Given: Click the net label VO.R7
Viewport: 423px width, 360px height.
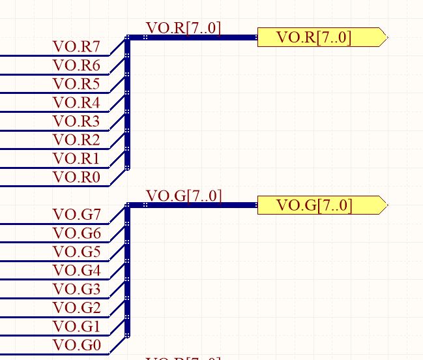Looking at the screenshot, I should [x=76, y=47].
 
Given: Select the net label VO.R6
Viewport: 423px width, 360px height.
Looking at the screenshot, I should [x=76, y=65].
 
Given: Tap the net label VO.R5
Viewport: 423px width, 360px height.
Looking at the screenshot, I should [x=76, y=84].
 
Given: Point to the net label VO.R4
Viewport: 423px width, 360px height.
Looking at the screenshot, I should [x=76, y=103].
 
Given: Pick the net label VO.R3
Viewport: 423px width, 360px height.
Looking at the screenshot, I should [x=76, y=121].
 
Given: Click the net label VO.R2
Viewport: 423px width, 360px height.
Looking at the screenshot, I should [x=76, y=140].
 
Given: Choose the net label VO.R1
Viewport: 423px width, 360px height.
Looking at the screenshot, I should [x=76, y=158].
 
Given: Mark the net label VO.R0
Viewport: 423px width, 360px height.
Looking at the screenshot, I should [x=76, y=177].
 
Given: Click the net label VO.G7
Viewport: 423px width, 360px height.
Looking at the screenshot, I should [x=77, y=215].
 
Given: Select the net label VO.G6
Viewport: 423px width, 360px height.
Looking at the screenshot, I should [x=77, y=233].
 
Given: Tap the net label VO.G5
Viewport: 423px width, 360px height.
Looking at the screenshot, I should [x=77, y=252].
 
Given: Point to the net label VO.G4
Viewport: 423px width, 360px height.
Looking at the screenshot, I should [x=77, y=271].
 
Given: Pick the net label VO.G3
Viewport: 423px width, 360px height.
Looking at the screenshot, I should [x=77, y=289].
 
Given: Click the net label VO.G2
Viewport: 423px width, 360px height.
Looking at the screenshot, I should [x=77, y=308].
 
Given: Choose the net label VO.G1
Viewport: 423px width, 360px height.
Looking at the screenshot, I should [x=77, y=326].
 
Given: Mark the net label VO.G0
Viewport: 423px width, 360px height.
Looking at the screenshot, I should [x=77, y=345].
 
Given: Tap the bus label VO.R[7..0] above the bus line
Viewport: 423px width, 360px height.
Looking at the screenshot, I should [x=184, y=28].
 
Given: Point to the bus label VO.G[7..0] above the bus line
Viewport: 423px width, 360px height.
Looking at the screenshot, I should [x=184, y=196].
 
